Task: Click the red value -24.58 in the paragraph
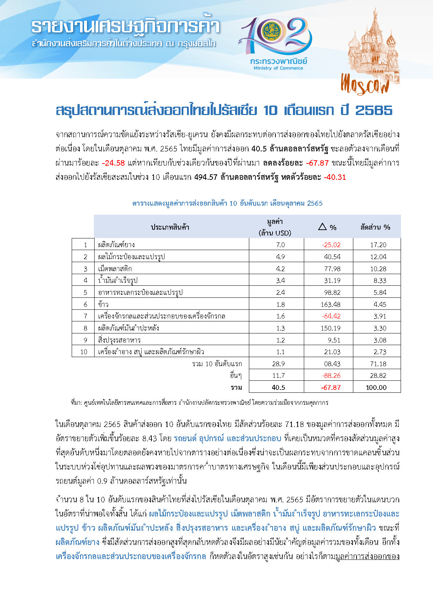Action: pos(114,163)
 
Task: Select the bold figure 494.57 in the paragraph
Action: pos(206,177)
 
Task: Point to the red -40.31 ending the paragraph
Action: pos(335,177)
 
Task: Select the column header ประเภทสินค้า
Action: pos(170,227)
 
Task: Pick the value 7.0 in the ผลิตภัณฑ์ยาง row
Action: pos(280,245)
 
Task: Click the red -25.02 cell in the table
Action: pos(331,245)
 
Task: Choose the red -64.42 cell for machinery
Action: pos(331,316)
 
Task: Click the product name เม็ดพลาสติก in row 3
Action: pos(115,269)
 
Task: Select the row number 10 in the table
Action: pos(84,352)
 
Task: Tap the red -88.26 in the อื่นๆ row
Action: pos(331,375)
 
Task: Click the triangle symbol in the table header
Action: pos(322,227)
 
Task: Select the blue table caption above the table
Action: pos(227,203)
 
